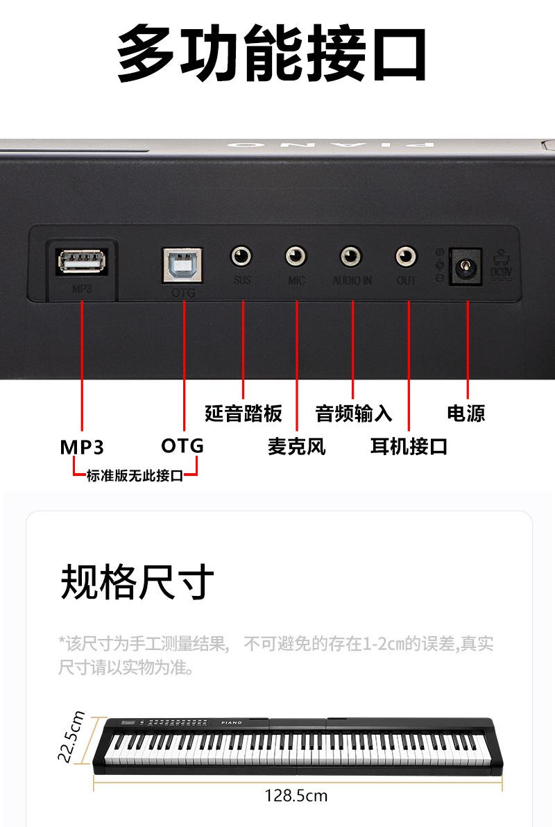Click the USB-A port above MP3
81,262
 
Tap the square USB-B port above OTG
183,264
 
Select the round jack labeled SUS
241,257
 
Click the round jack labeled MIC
296,257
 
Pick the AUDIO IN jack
351,257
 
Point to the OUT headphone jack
407,257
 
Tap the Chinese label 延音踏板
243,413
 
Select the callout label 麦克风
296,446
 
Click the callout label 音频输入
354,413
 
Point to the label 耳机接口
409,446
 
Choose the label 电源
466,413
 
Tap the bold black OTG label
182,445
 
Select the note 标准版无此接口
135,476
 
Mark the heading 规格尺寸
137,581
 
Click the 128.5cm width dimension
296,795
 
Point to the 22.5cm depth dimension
71,735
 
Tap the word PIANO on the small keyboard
232,723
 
